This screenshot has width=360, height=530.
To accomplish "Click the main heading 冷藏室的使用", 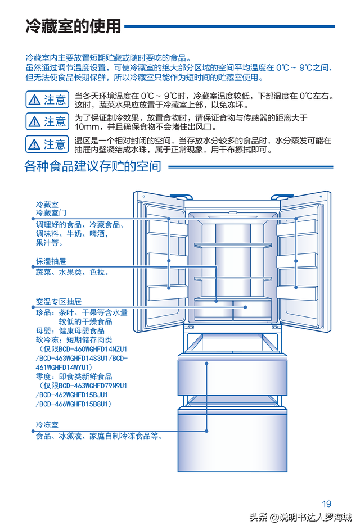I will (73, 26).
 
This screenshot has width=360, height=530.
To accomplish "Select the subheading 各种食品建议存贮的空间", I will (93, 166).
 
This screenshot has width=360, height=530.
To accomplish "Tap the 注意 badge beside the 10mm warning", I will (47, 121).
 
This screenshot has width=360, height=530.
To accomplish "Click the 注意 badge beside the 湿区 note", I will (47, 144).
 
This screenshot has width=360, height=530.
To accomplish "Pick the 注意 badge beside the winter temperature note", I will (47, 99).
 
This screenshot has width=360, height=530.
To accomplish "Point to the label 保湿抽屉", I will (51, 261).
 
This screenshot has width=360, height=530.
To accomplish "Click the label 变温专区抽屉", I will (58, 301).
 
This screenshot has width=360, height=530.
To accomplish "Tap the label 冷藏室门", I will (51, 213).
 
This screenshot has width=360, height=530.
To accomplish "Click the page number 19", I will (327, 504).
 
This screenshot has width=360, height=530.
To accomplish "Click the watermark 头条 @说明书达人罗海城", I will (301, 518).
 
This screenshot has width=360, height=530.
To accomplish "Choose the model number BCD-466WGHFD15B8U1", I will (75, 404).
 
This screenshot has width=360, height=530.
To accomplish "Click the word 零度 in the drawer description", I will (44, 377).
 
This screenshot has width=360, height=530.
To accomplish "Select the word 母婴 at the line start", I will (44, 331).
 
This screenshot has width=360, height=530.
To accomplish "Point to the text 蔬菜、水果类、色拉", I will (72, 272).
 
